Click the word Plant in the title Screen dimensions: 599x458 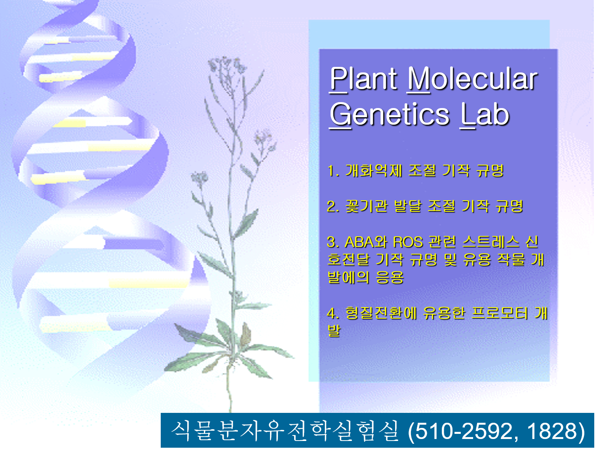pyautogui.click(x=363, y=79)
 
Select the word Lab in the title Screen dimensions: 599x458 pyautogui.click(x=485, y=114)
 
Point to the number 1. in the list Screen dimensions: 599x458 pyautogui.click(x=333, y=171)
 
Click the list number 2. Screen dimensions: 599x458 pyautogui.click(x=333, y=206)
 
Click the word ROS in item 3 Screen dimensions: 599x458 pyautogui.click(x=408, y=242)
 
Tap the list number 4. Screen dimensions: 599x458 pyautogui.click(x=333, y=313)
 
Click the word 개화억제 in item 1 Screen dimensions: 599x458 pyautogui.click(x=374, y=171)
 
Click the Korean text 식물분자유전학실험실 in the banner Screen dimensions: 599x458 pyautogui.click(x=285, y=431)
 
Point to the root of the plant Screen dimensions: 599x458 pyautogui.click(x=230, y=388)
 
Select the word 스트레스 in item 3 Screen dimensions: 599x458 pyautogui.click(x=491, y=242)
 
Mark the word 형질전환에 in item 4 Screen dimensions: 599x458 pyautogui.click(x=381, y=313)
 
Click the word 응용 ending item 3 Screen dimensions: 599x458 pyautogui.click(x=390, y=277)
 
